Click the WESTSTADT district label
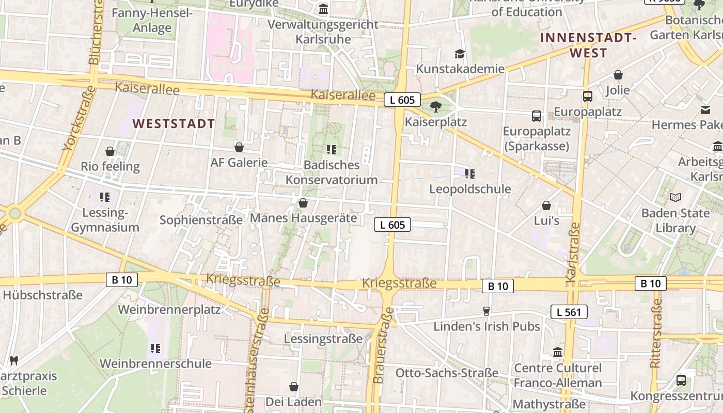click(174, 124)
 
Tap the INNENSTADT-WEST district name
click(588, 45)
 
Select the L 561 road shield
click(569, 312)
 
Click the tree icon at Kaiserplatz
click(436, 107)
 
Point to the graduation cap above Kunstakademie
click(460, 54)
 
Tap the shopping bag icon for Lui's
click(546, 206)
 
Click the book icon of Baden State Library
click(675, 197)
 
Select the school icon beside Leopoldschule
click(470, 174)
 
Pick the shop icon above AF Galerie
click(239, 148)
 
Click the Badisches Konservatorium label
click(332, 172)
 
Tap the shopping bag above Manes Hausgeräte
click(303, 203)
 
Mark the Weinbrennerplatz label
click(169, 310)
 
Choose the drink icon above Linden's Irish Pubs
click(486, 311)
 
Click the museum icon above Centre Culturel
click(558, 353)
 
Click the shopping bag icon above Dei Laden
click(294, 387)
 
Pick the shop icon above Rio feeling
click(110, 151)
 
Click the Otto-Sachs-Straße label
click(447, 373)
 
